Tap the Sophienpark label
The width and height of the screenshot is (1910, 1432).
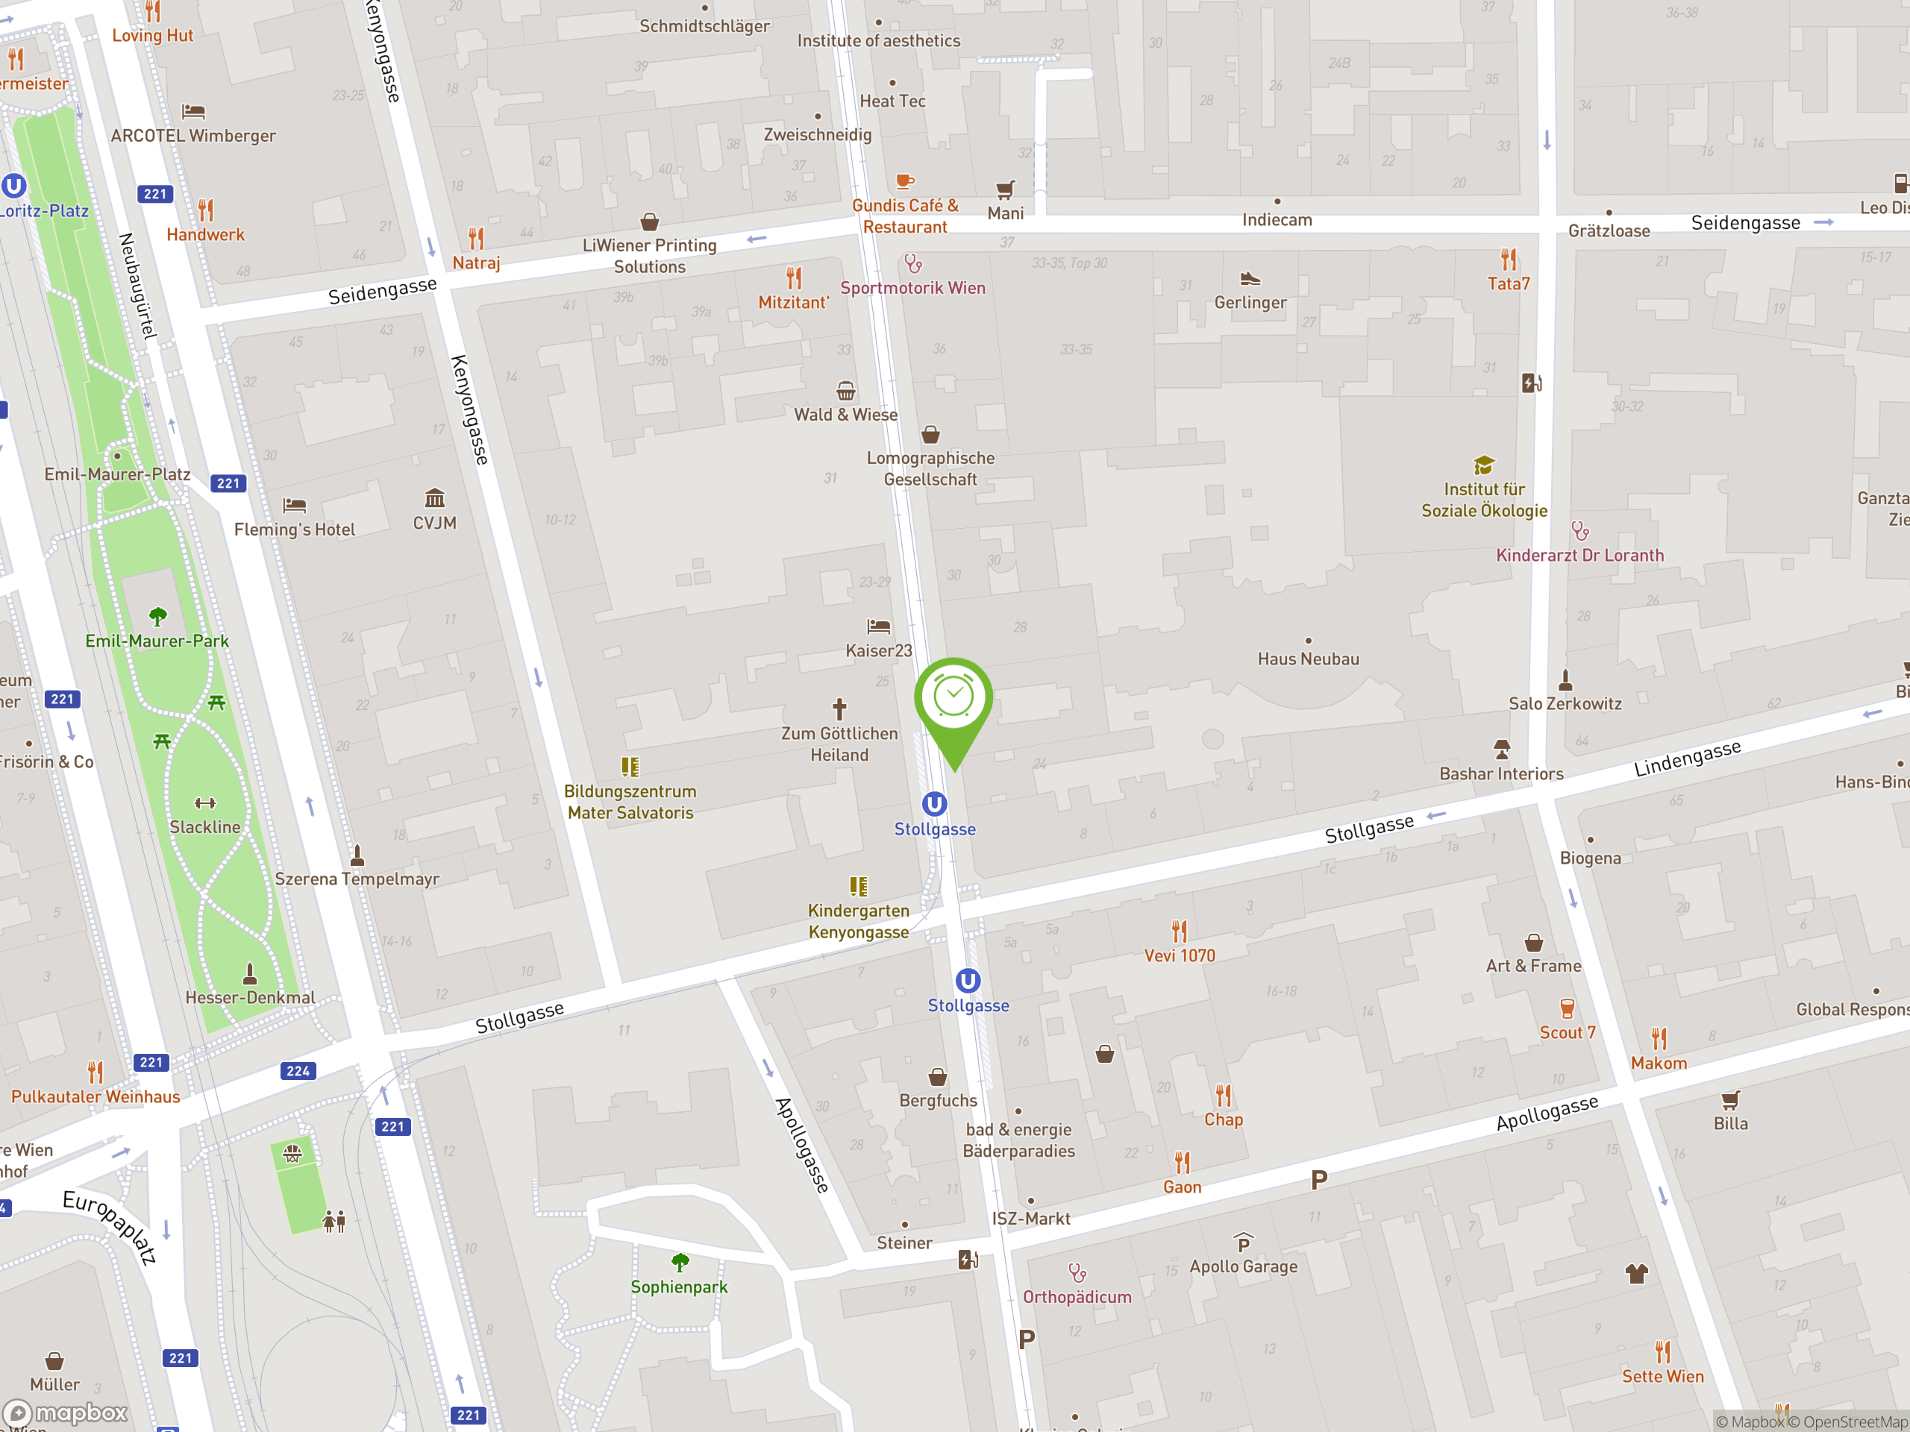[679, 1287]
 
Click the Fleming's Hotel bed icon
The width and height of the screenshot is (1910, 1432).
[295, 505]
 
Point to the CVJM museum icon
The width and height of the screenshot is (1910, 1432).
[434, 498]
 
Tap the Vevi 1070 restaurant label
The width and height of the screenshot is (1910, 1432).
[1180, 955]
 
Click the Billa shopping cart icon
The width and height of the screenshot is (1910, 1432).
[1730, 1099]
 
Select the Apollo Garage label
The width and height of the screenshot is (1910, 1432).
[1244, 1266]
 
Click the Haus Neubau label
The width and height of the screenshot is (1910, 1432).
[1308, 659]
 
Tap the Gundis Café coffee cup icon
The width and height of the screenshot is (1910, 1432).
[904, 181]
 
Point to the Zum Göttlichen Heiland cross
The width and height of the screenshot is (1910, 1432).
[839, 709]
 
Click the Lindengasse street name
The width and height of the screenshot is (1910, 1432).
[1687, 758]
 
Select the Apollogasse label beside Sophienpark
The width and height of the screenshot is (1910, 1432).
[802, 1146]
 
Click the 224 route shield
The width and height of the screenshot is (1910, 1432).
[298, 1071]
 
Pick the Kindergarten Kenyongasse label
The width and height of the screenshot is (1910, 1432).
[858, 921]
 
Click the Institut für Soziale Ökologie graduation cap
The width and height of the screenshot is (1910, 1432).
[1484, 465]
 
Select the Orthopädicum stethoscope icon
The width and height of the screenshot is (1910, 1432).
[1077, 1272]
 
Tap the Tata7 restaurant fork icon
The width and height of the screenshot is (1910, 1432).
[1509, 259]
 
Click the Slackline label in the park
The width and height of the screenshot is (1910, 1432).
[204, 827]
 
